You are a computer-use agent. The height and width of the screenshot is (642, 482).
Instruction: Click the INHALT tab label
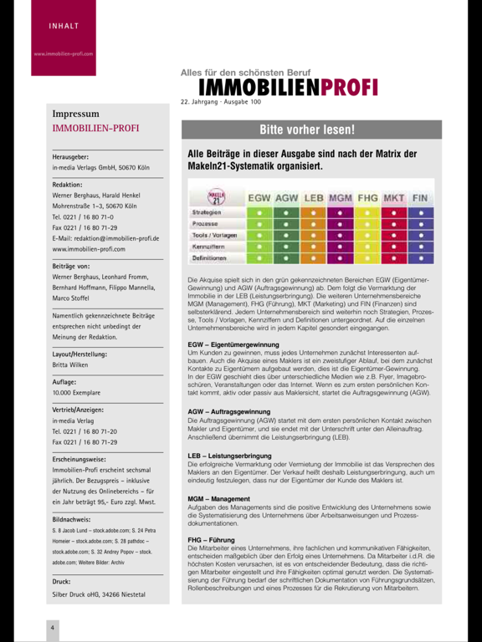64,26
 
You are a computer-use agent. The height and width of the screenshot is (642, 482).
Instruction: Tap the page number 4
52,627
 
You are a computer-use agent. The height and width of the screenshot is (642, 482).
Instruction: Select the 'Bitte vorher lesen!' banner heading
307,130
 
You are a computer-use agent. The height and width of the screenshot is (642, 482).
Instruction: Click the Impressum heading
75,114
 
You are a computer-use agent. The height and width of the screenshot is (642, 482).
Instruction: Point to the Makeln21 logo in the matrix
216,198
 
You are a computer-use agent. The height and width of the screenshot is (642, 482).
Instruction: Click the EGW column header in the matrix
259,198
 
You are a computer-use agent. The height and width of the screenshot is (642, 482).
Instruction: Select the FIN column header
420,198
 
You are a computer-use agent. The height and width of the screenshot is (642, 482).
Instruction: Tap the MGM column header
341,198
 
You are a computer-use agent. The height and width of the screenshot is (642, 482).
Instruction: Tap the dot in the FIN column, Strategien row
420,212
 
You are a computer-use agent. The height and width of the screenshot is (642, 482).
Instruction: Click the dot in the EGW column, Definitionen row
259,259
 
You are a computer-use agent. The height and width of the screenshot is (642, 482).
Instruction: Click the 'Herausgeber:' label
70,156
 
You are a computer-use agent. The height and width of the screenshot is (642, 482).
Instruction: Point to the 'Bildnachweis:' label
72,519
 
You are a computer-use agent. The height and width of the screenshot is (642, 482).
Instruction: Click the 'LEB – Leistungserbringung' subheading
229,456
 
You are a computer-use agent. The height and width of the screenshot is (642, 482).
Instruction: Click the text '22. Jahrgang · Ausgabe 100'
220,102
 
